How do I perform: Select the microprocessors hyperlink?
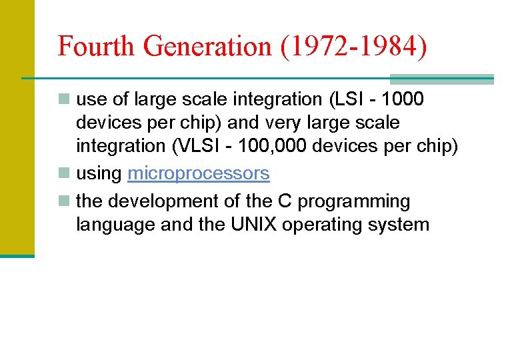point(199,173)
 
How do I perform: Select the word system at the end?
point(401,225)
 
